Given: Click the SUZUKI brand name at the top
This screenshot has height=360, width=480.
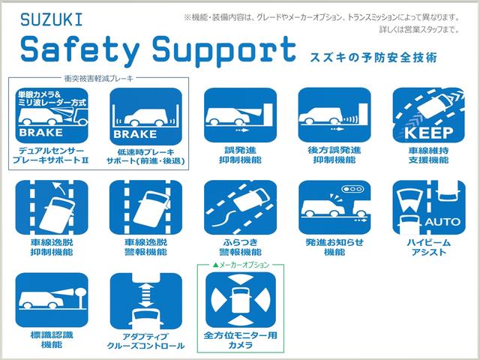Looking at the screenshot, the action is click(52, 19).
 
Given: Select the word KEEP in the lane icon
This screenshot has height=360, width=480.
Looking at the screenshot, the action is click(428, 133).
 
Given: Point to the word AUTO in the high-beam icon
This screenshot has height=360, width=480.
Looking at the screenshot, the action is click(442, 222).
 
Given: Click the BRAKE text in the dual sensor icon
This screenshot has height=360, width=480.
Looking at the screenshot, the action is click(40, 133).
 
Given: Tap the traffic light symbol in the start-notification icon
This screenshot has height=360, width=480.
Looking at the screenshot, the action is click(353, 189).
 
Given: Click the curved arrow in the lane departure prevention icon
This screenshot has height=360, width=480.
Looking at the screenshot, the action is click(60, 187).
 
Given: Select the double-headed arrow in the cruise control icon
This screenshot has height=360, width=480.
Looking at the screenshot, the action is click(146, 295).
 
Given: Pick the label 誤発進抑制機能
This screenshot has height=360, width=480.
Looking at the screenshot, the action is click(240, 155).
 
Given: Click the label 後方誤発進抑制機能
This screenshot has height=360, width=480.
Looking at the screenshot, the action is click(334, 155).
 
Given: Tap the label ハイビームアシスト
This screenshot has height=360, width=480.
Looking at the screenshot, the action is click(428, 247).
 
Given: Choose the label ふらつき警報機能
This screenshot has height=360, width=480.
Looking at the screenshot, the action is click(240, 247).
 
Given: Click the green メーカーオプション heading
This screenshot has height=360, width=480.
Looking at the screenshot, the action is click(241, 265).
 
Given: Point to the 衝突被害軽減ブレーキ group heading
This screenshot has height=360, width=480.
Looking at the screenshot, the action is click(98, 78).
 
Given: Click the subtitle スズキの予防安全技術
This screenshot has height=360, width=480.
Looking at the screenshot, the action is click(373, 58).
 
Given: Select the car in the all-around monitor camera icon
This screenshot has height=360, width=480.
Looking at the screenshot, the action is click(241, 300).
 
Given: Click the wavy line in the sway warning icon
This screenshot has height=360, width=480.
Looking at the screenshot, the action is click(224, 218).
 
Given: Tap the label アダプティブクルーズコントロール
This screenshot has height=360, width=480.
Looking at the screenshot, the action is click(145, 341).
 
